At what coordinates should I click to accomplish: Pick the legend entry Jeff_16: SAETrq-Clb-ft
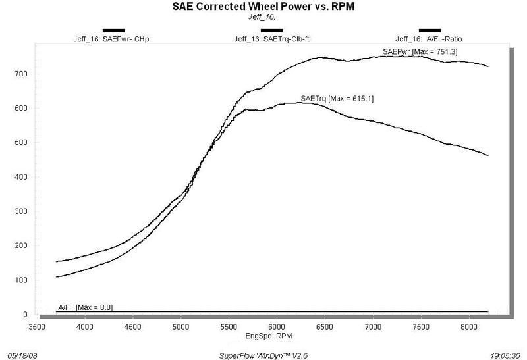(271, 39)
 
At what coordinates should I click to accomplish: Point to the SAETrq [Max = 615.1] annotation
(332, 99)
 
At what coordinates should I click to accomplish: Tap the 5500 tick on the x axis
(229, 324)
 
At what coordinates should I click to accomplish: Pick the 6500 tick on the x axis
(325, 324)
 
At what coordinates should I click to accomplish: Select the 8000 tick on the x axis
(469, 324)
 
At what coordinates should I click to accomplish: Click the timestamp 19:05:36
(505, 353)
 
